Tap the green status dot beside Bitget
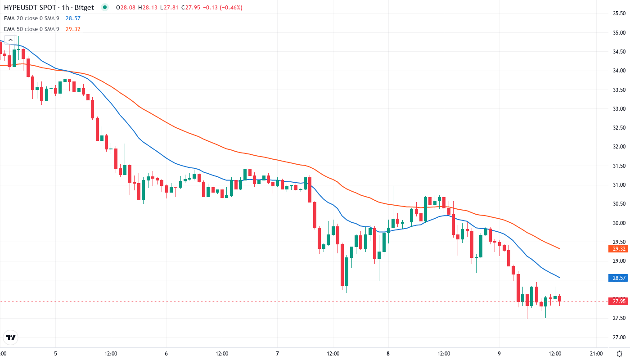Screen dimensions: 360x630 coord(105,8)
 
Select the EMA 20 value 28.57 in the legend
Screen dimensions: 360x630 coord(73,18)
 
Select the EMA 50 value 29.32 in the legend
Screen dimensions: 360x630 coord(73,29)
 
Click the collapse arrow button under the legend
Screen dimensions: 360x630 coord(10,40)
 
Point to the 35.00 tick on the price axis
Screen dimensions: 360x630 coord(619,32)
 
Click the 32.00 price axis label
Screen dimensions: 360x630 coord(619,147)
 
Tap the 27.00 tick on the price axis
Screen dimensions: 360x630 coord(619,337)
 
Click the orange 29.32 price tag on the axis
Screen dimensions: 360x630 coord(619,249)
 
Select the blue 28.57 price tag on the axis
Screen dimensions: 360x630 coord(619,278)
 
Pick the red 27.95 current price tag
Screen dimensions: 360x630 coord(619,301)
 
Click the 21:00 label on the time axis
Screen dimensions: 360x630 coord(596,353)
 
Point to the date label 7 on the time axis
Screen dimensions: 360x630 coord(277,353)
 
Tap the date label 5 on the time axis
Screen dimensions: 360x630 coord(55,353)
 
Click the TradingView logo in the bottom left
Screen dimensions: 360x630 coord(10,337)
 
